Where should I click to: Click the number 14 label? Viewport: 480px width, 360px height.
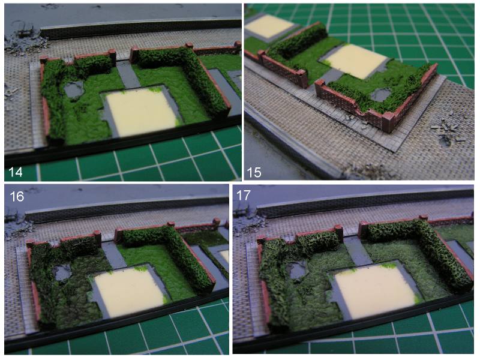16,172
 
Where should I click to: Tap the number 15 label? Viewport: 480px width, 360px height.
254,172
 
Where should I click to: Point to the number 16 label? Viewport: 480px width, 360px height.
17,196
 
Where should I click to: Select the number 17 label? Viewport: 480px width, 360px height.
244,196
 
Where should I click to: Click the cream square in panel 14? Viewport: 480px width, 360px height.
142,112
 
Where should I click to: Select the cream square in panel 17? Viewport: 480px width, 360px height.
375,292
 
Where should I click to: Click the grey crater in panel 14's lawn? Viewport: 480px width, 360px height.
74,89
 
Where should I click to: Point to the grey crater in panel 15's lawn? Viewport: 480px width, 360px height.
381,95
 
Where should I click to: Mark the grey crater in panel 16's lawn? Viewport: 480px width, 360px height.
62,273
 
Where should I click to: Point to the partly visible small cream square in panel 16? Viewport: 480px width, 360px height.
224,256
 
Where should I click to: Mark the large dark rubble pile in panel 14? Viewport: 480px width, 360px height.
25,43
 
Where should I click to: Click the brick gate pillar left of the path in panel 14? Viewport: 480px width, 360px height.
113,57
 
